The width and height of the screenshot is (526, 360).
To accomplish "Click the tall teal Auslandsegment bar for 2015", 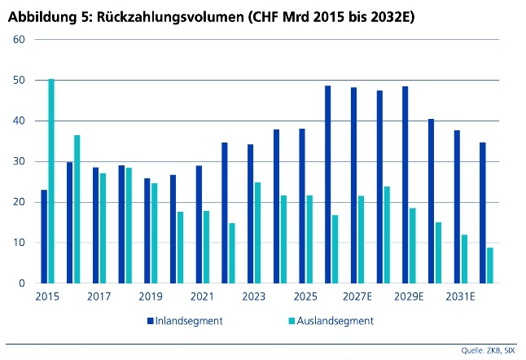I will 51,181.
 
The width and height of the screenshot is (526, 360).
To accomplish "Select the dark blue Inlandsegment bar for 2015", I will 44,236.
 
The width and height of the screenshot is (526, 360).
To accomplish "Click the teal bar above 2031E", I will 464,258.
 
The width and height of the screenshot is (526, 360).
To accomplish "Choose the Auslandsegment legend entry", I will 335,320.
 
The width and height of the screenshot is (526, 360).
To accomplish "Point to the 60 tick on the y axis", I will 20,39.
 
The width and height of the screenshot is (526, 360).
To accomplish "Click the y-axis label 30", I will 20,161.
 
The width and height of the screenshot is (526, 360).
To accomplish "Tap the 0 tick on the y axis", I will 23,283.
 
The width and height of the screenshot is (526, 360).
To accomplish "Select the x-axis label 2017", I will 99,297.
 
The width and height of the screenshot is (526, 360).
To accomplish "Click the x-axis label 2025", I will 305,297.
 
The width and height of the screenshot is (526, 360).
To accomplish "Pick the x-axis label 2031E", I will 461,297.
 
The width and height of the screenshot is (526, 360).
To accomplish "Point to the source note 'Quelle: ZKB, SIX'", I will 492,351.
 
